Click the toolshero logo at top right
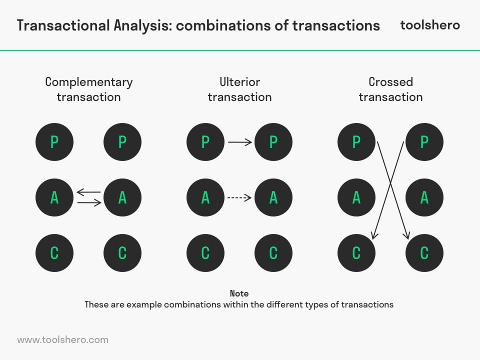pyautogui.click(x=430, y=25)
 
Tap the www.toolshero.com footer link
pyautogui.click(x=62, y=339)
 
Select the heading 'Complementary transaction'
pyautogui.click(x=88, y=89)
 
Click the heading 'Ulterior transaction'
pyautogui.click(x=239, y=89)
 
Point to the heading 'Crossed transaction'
pyautogui.click(x=390, y=89)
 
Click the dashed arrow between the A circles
pyautogui.click(x=239, y=197)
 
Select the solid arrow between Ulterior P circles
pyautogui.click(x=239, y=142)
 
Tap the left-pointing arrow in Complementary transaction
pyautogui.click(x=88, y=192)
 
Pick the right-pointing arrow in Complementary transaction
pyautogui.click(x=88, y=203)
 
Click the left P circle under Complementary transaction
pyautogui.click(x=54, y=142)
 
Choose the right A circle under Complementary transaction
pyautogui.click(x=122, y=197)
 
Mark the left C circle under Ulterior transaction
pyautogui.click(x=205, y=252)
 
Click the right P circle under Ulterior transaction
pyautogui.click(x=273, y=142)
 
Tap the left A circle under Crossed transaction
pyautogui.click(x=356, y=197)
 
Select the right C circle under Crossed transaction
pyautogui.click(x=424, y=252)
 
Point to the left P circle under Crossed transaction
pyautogui.click(x=356, y=142)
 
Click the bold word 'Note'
pyautogui.click(x=239, y=293)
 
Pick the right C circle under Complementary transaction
pyautogui.click(x=122, y=252)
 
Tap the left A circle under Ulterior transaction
pyautogui.click(x=205, y=197)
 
